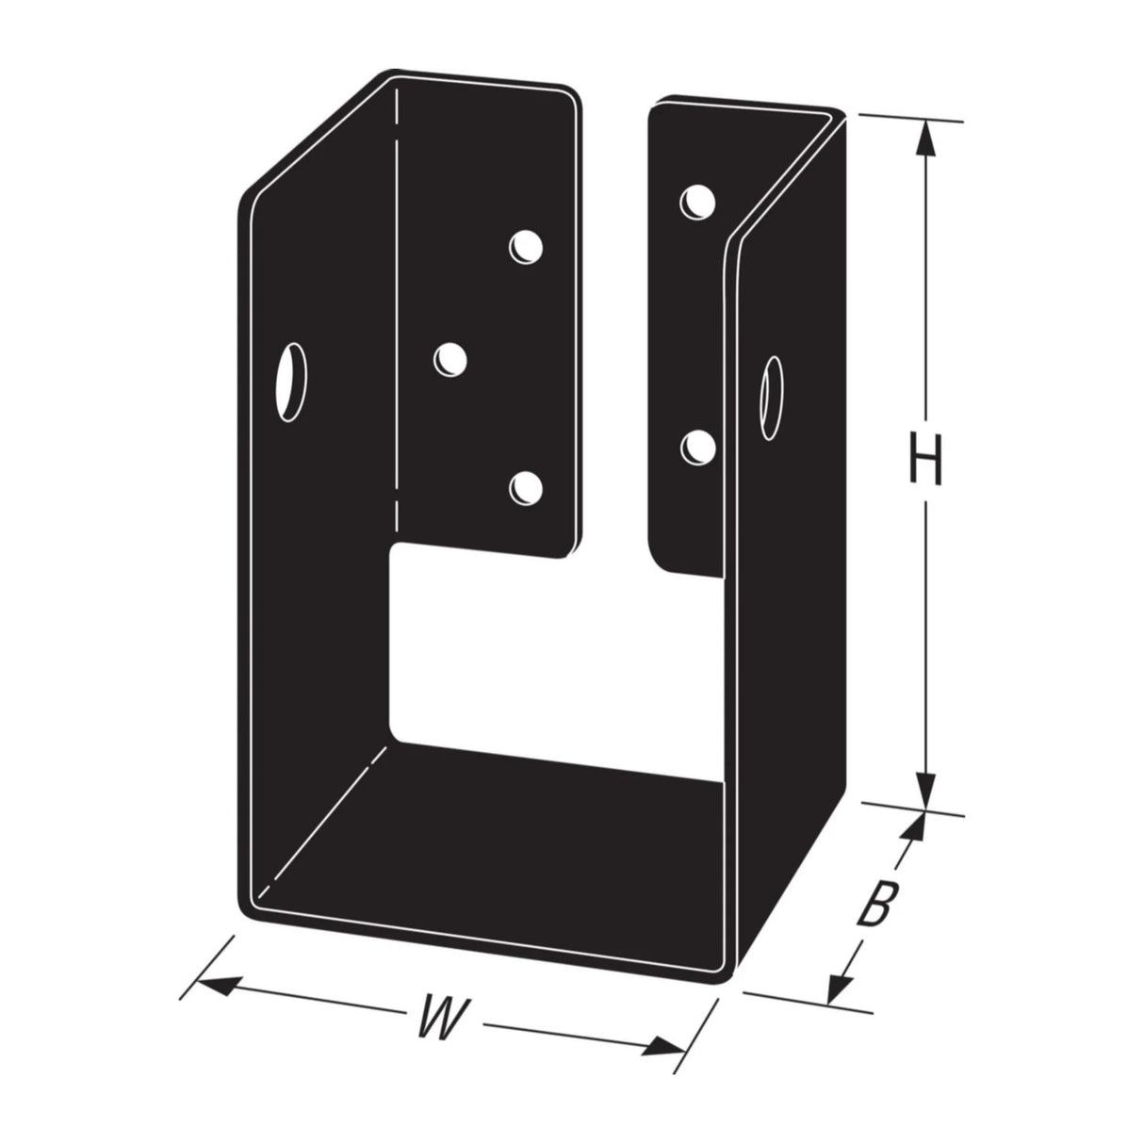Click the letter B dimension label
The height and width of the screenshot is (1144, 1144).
click(x=875, y=904)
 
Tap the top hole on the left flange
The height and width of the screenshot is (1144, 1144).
click(x=526, y=246)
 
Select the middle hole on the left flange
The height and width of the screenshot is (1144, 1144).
click(x=451, y=359)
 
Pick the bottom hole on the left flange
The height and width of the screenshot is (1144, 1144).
click(x=526, y=486)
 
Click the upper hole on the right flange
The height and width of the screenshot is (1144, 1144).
click(x=697, y=201)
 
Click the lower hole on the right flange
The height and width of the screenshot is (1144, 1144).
click(x=697, y=446)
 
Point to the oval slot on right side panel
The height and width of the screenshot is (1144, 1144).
click(x=774, y=400)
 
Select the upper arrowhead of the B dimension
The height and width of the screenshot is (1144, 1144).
click(x=910, y=828)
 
